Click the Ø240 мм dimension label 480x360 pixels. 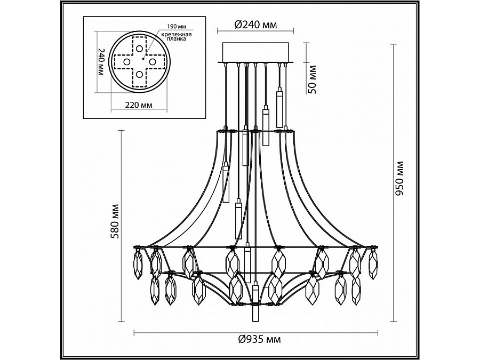tap(255, 25)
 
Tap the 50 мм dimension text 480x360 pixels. tap(313, 79)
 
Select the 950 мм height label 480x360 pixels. tap(400, 179)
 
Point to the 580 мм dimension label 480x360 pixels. tap(115, 221)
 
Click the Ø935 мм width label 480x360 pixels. tap(259, 339)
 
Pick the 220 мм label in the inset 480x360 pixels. tap(139, 105)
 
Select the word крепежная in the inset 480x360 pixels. tap(177, 34)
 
